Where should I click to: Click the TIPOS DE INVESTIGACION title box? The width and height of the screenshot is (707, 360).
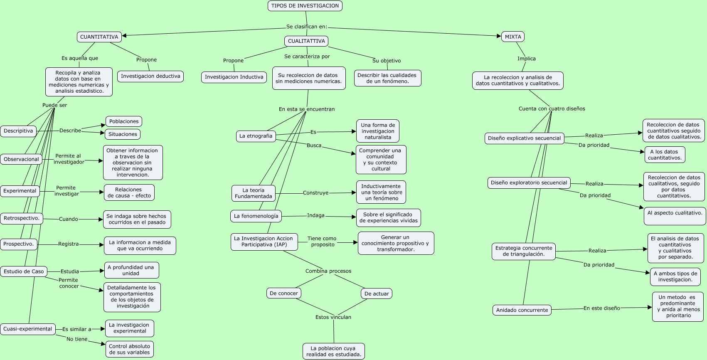point(305,6)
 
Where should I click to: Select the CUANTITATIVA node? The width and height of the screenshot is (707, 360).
point(99,37)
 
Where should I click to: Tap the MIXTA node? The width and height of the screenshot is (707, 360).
point(513,37)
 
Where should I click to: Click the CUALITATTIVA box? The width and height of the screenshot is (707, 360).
point(306,41)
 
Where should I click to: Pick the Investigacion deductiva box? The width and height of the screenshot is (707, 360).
point(150,76)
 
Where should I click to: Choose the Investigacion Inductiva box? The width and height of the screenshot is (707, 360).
point(234,77)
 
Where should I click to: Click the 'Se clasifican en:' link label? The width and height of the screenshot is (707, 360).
point(307,27)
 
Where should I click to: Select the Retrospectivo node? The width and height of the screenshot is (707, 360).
point(22,218)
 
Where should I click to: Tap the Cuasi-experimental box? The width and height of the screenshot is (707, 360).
point(28,329)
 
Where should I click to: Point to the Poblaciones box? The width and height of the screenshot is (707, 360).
point(124,121)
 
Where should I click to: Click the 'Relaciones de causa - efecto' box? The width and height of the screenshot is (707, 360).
point(129,192)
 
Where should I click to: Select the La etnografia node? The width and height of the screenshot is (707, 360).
point(256,136)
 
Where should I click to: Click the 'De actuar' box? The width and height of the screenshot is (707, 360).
point(377,293)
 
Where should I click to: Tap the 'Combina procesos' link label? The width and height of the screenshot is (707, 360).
point(328,271)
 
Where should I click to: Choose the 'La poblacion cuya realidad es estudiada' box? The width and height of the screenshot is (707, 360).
point(334,351)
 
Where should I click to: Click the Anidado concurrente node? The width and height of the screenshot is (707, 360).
point(522,310)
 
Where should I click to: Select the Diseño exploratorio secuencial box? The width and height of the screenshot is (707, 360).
point(529,183)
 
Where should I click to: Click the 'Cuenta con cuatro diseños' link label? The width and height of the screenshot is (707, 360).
point(552,109)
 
